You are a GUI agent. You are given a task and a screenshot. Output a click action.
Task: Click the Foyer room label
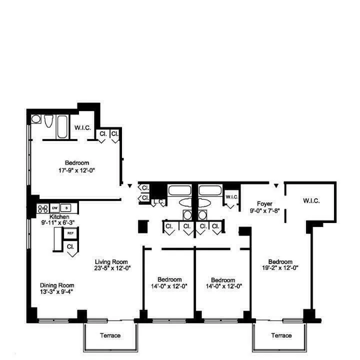264,203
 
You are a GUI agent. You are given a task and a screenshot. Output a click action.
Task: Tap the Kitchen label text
59,216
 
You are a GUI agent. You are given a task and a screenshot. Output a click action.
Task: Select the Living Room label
111,261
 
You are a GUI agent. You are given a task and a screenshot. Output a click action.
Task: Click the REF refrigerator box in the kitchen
70,233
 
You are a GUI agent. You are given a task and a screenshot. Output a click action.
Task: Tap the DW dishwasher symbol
55,207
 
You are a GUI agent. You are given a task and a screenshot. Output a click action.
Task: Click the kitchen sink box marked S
68,207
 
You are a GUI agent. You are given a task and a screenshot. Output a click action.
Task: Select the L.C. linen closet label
159,202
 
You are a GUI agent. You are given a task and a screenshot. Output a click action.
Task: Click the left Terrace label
109,335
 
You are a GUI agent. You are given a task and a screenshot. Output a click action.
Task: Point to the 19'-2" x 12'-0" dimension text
280,267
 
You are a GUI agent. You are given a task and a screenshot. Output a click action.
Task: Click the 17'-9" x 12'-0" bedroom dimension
76,170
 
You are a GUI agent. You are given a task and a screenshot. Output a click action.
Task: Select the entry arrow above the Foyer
275,186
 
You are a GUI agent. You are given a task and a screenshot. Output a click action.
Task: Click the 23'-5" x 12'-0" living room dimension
111,267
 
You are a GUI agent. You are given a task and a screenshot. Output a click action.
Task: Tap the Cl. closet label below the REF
70,246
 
